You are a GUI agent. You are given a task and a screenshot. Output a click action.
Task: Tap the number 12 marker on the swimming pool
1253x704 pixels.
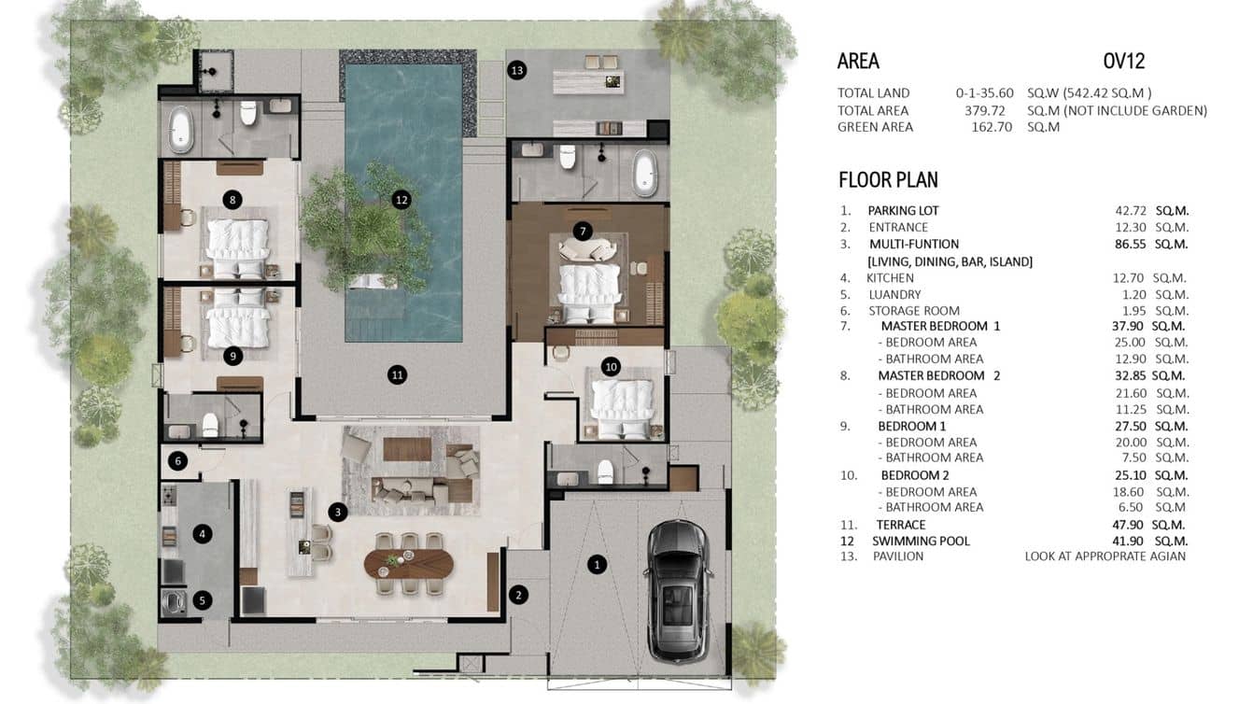[401, 199]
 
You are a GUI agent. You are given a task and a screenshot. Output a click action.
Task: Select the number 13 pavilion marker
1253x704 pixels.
[517, 70]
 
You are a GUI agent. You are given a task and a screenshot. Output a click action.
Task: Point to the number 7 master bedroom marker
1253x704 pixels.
[583, 230]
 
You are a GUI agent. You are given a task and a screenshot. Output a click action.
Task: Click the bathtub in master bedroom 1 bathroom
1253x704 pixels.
[644, 173]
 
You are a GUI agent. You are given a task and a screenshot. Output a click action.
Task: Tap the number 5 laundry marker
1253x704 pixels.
[202, 600]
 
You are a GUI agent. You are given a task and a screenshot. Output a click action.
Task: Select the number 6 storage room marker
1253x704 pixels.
[179, 460]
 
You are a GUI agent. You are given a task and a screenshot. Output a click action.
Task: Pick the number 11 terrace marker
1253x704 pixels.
[398, 374]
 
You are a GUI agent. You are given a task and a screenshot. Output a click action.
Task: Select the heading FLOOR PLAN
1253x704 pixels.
[888, 179]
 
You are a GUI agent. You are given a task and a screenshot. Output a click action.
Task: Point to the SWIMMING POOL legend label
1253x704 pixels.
[921, 541]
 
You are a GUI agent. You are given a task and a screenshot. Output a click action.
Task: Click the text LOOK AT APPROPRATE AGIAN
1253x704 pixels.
[1105, 556]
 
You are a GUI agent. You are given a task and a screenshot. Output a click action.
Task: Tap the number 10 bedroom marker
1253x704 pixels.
[611, 366]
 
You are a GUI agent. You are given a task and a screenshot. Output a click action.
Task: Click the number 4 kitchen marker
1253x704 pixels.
[202, 534]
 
